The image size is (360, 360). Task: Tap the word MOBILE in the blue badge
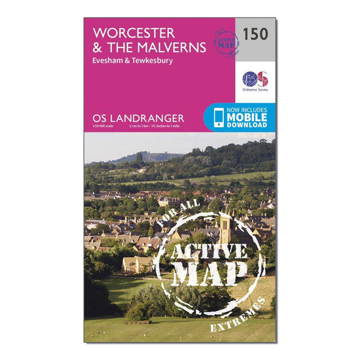coord(247,117)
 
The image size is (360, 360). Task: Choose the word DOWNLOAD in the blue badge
coord(247,124)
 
